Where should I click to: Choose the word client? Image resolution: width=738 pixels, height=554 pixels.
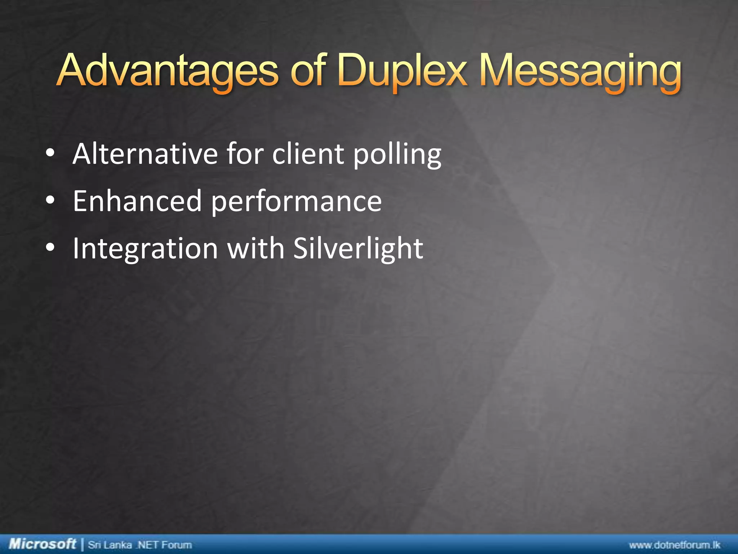[308, 154]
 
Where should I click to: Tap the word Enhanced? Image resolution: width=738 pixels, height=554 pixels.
[137, 201]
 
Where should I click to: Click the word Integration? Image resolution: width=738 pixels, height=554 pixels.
[145, 249]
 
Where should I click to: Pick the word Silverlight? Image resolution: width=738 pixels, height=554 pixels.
[358, 249]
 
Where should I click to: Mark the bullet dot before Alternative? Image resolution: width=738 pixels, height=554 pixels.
[50, 154]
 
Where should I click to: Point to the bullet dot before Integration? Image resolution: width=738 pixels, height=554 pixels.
[50, 247]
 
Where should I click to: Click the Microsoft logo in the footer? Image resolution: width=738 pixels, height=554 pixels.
[43, 544]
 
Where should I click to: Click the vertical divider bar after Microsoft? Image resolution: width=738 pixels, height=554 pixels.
[83, 544]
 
